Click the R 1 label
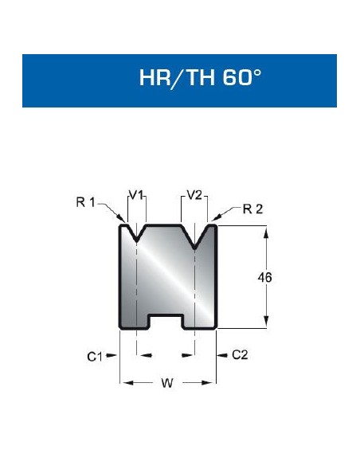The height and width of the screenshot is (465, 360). pyautogui.click(x=85, y=202)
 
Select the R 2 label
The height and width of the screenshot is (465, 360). pyautogui.click(x=251, y=209)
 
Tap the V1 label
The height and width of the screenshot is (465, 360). pyautogui.click(x=136, y=193)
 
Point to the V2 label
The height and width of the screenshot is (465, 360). pyautogui.click(x=194, y=193)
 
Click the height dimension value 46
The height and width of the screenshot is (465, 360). pyautogui.click(x=268, y=277)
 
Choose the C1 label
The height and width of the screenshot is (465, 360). pyautogui.click(x=95, y=356)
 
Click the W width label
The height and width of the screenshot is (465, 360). pyautogui.click(x=166, y=384)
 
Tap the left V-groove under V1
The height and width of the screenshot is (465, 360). pyautogui.click(x=137, y=236)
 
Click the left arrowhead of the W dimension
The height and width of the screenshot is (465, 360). pyautogui.click(x=123, y=383)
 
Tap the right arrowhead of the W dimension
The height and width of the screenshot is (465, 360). pyautogui.click(x=213, y=383)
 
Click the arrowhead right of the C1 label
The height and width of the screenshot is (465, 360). pyautogui.click(x=115, y=355)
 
